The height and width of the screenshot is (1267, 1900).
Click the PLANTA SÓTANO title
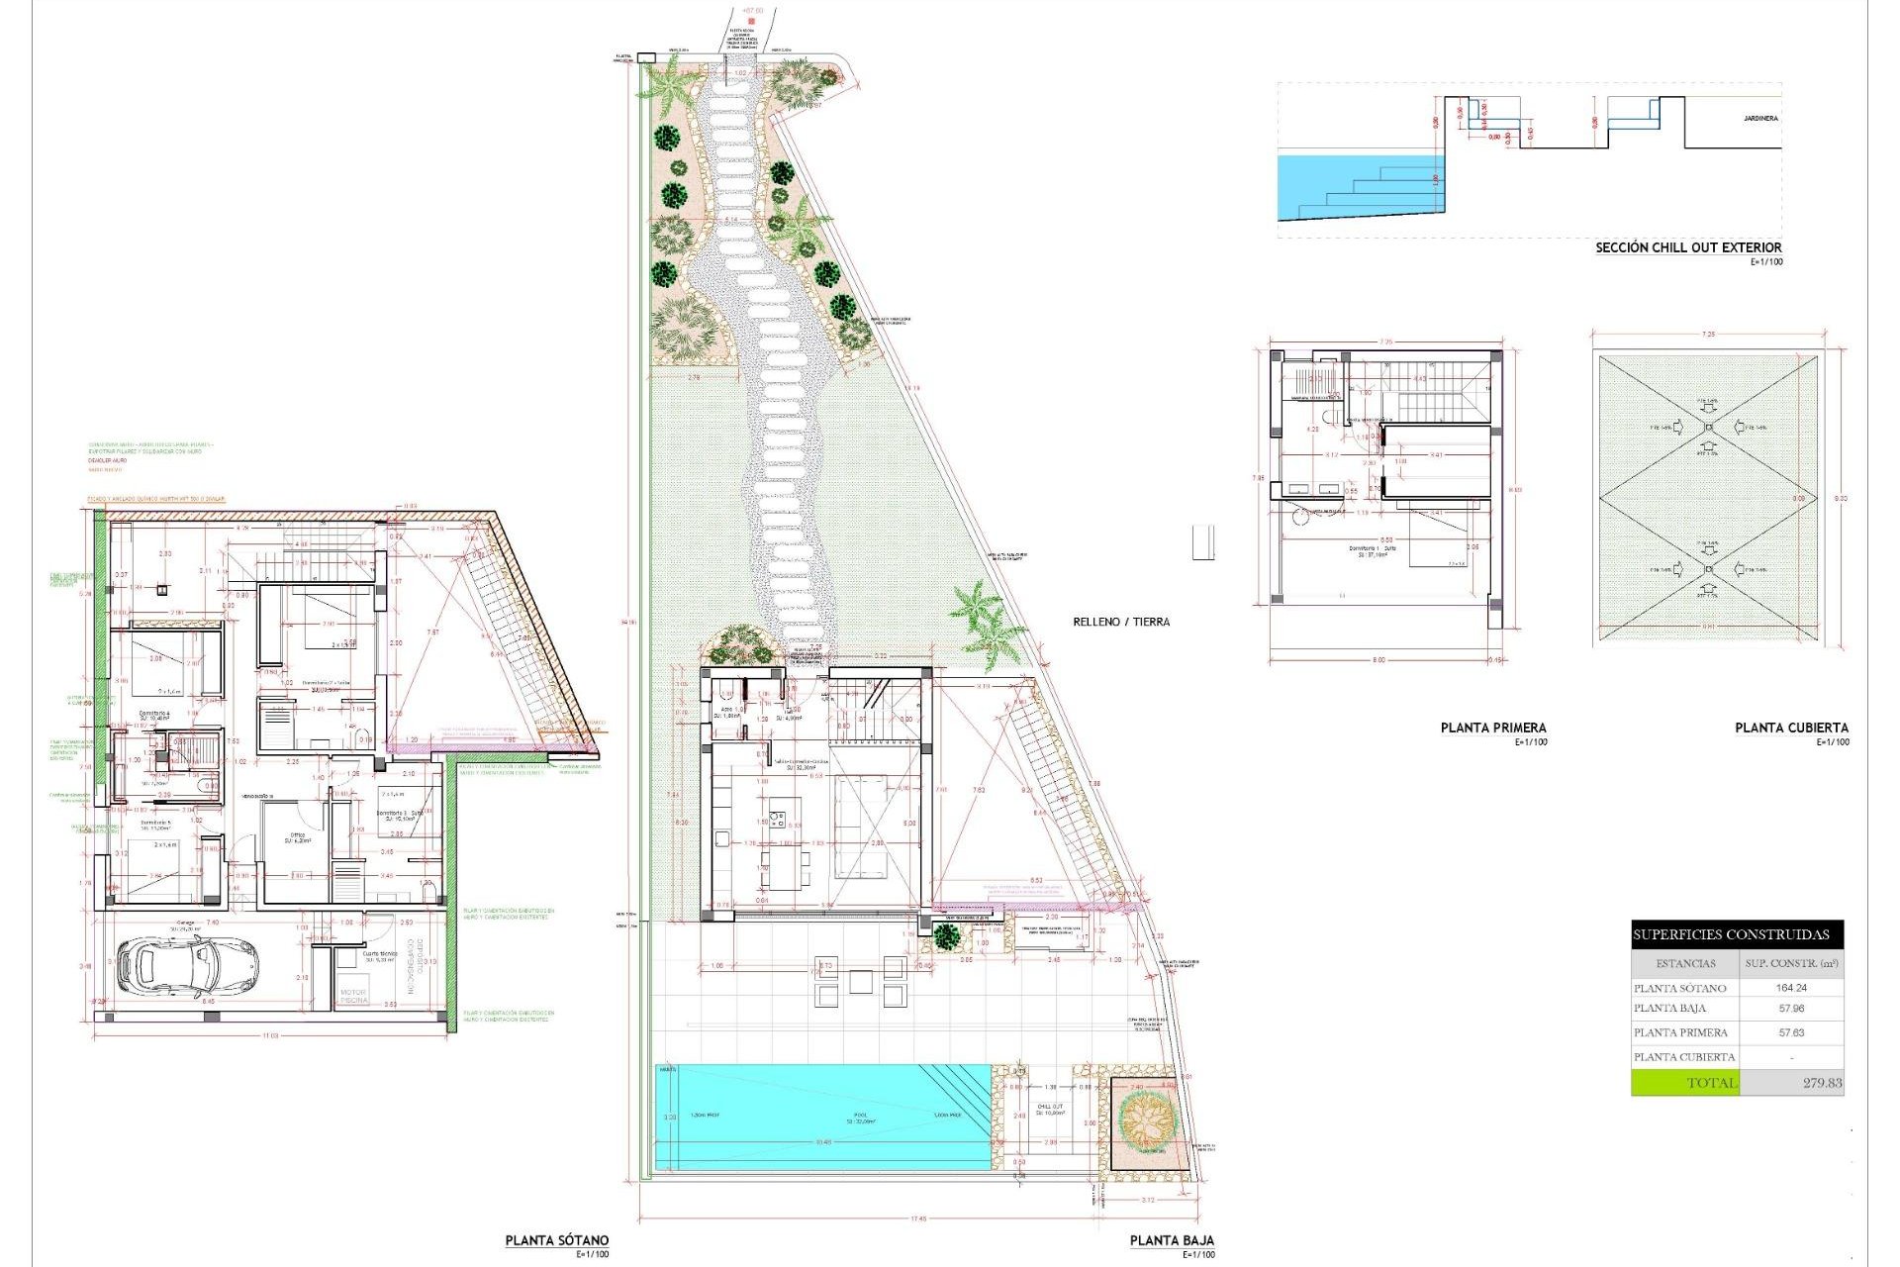[x=557, y=1240]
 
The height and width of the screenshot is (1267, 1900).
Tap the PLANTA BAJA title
[x=1172, y=1240]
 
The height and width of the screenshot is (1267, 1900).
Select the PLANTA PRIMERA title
[x=1493, y=728]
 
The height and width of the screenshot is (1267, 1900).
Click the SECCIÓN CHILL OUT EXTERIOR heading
[x=1688, y=247]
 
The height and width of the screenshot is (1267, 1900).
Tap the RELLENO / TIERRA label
[x=1121, y=622]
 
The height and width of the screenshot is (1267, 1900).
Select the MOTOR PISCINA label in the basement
[x=353, y=996]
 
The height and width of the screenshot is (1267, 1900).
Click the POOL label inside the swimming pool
[x=860, y=1117]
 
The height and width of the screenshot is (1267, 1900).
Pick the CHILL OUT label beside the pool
[x=1050, y=1108]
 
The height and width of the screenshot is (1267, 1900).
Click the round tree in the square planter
[x=1147, y=1120]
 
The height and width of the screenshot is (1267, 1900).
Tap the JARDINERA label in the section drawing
[x=1760, y=119]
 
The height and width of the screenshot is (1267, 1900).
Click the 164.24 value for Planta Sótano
[x=1791, y=988]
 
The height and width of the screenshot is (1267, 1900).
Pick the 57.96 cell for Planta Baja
[x=1791, y=1009]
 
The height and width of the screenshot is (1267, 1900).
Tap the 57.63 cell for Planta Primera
[x=1791, y=1032]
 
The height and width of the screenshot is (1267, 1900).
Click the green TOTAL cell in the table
[x=1684, y=1083]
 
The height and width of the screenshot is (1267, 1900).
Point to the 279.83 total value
[x=1822, y=1083]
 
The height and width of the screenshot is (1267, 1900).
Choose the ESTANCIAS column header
[x=1685, y=963]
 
